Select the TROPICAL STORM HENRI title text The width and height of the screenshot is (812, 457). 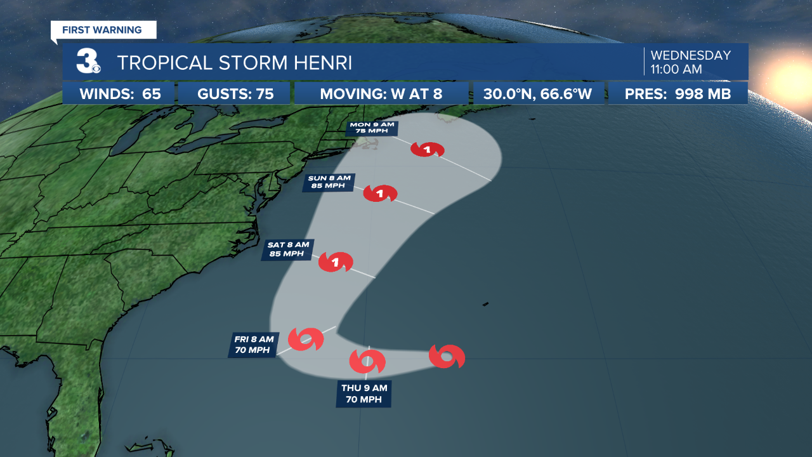(234, 63)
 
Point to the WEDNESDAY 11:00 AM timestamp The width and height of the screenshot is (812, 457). (690, 62)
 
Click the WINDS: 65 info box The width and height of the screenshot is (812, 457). (119, 94)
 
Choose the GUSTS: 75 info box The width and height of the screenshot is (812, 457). (235, 94)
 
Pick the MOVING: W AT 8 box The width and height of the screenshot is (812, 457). (381, 94)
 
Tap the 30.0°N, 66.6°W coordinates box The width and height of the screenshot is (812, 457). (539, 94)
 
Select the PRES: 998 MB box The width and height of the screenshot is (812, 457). (678, 94)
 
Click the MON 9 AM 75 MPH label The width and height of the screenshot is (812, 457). (372, 129)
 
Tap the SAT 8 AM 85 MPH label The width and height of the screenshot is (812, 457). (287, 249)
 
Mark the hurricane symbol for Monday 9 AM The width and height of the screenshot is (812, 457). (427, 150)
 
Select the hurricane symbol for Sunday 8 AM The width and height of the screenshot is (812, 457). (380, 194)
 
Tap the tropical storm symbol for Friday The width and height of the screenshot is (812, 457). (306, 340)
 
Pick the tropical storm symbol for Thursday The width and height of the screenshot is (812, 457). (367, 361)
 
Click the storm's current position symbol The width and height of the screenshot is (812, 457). (447, 357)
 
